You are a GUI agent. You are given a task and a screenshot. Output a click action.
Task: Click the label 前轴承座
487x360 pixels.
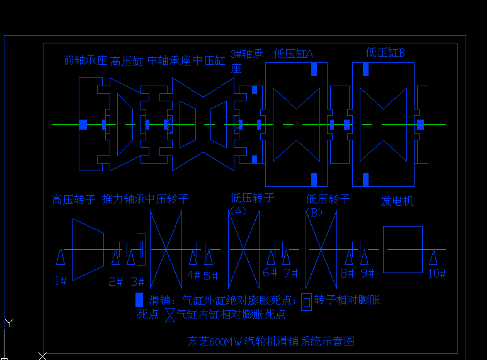(86, 60)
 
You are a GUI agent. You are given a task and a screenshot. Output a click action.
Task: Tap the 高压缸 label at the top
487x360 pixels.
(127, 61)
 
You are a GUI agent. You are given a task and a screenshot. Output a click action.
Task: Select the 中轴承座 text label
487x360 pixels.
(169, 61)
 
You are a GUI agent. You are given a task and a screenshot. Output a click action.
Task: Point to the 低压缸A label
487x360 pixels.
(293, 54)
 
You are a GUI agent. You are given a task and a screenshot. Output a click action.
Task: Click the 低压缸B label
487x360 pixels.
(385, 53)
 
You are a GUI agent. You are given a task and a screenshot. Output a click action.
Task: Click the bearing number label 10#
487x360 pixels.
(437, 274)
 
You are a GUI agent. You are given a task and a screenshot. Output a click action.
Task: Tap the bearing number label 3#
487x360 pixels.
(137, 281)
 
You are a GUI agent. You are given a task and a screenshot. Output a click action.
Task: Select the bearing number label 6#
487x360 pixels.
(270, 273)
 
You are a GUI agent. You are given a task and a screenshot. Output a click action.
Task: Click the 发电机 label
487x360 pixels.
(398, 201)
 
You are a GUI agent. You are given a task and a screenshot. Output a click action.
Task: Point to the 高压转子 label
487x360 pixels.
(74, 200)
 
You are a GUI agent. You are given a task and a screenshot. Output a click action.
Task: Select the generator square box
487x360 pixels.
(403, 249)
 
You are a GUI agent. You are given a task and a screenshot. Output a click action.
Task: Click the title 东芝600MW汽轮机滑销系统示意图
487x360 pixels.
(271, 342)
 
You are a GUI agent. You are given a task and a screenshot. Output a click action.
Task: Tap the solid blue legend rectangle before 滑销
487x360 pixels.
(139, 300)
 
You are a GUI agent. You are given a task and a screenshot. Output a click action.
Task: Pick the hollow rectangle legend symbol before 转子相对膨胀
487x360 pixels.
(306, 301)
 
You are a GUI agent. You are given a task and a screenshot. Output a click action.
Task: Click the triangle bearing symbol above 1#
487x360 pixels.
(60, 257)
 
